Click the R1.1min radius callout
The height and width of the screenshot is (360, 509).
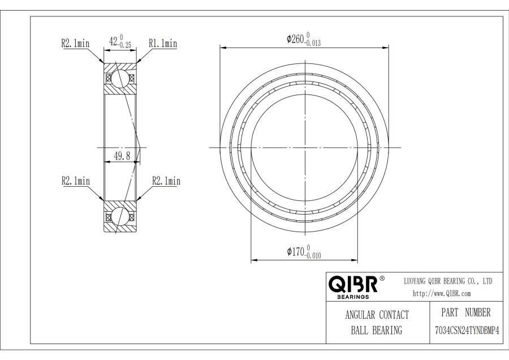coord(163,43)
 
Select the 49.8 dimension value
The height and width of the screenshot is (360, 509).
coord(122,156)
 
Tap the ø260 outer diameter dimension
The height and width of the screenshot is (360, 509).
coord(304,39)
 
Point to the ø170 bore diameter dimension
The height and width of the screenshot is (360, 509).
coord(304,252)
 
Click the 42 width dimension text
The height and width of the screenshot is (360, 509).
coord(120,41)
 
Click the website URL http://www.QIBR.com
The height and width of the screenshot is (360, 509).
coord(442,293)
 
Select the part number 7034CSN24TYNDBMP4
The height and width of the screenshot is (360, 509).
coord(467,331)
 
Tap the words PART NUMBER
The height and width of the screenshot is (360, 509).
coord(466,312)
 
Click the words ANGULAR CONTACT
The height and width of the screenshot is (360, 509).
coord(377,315)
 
